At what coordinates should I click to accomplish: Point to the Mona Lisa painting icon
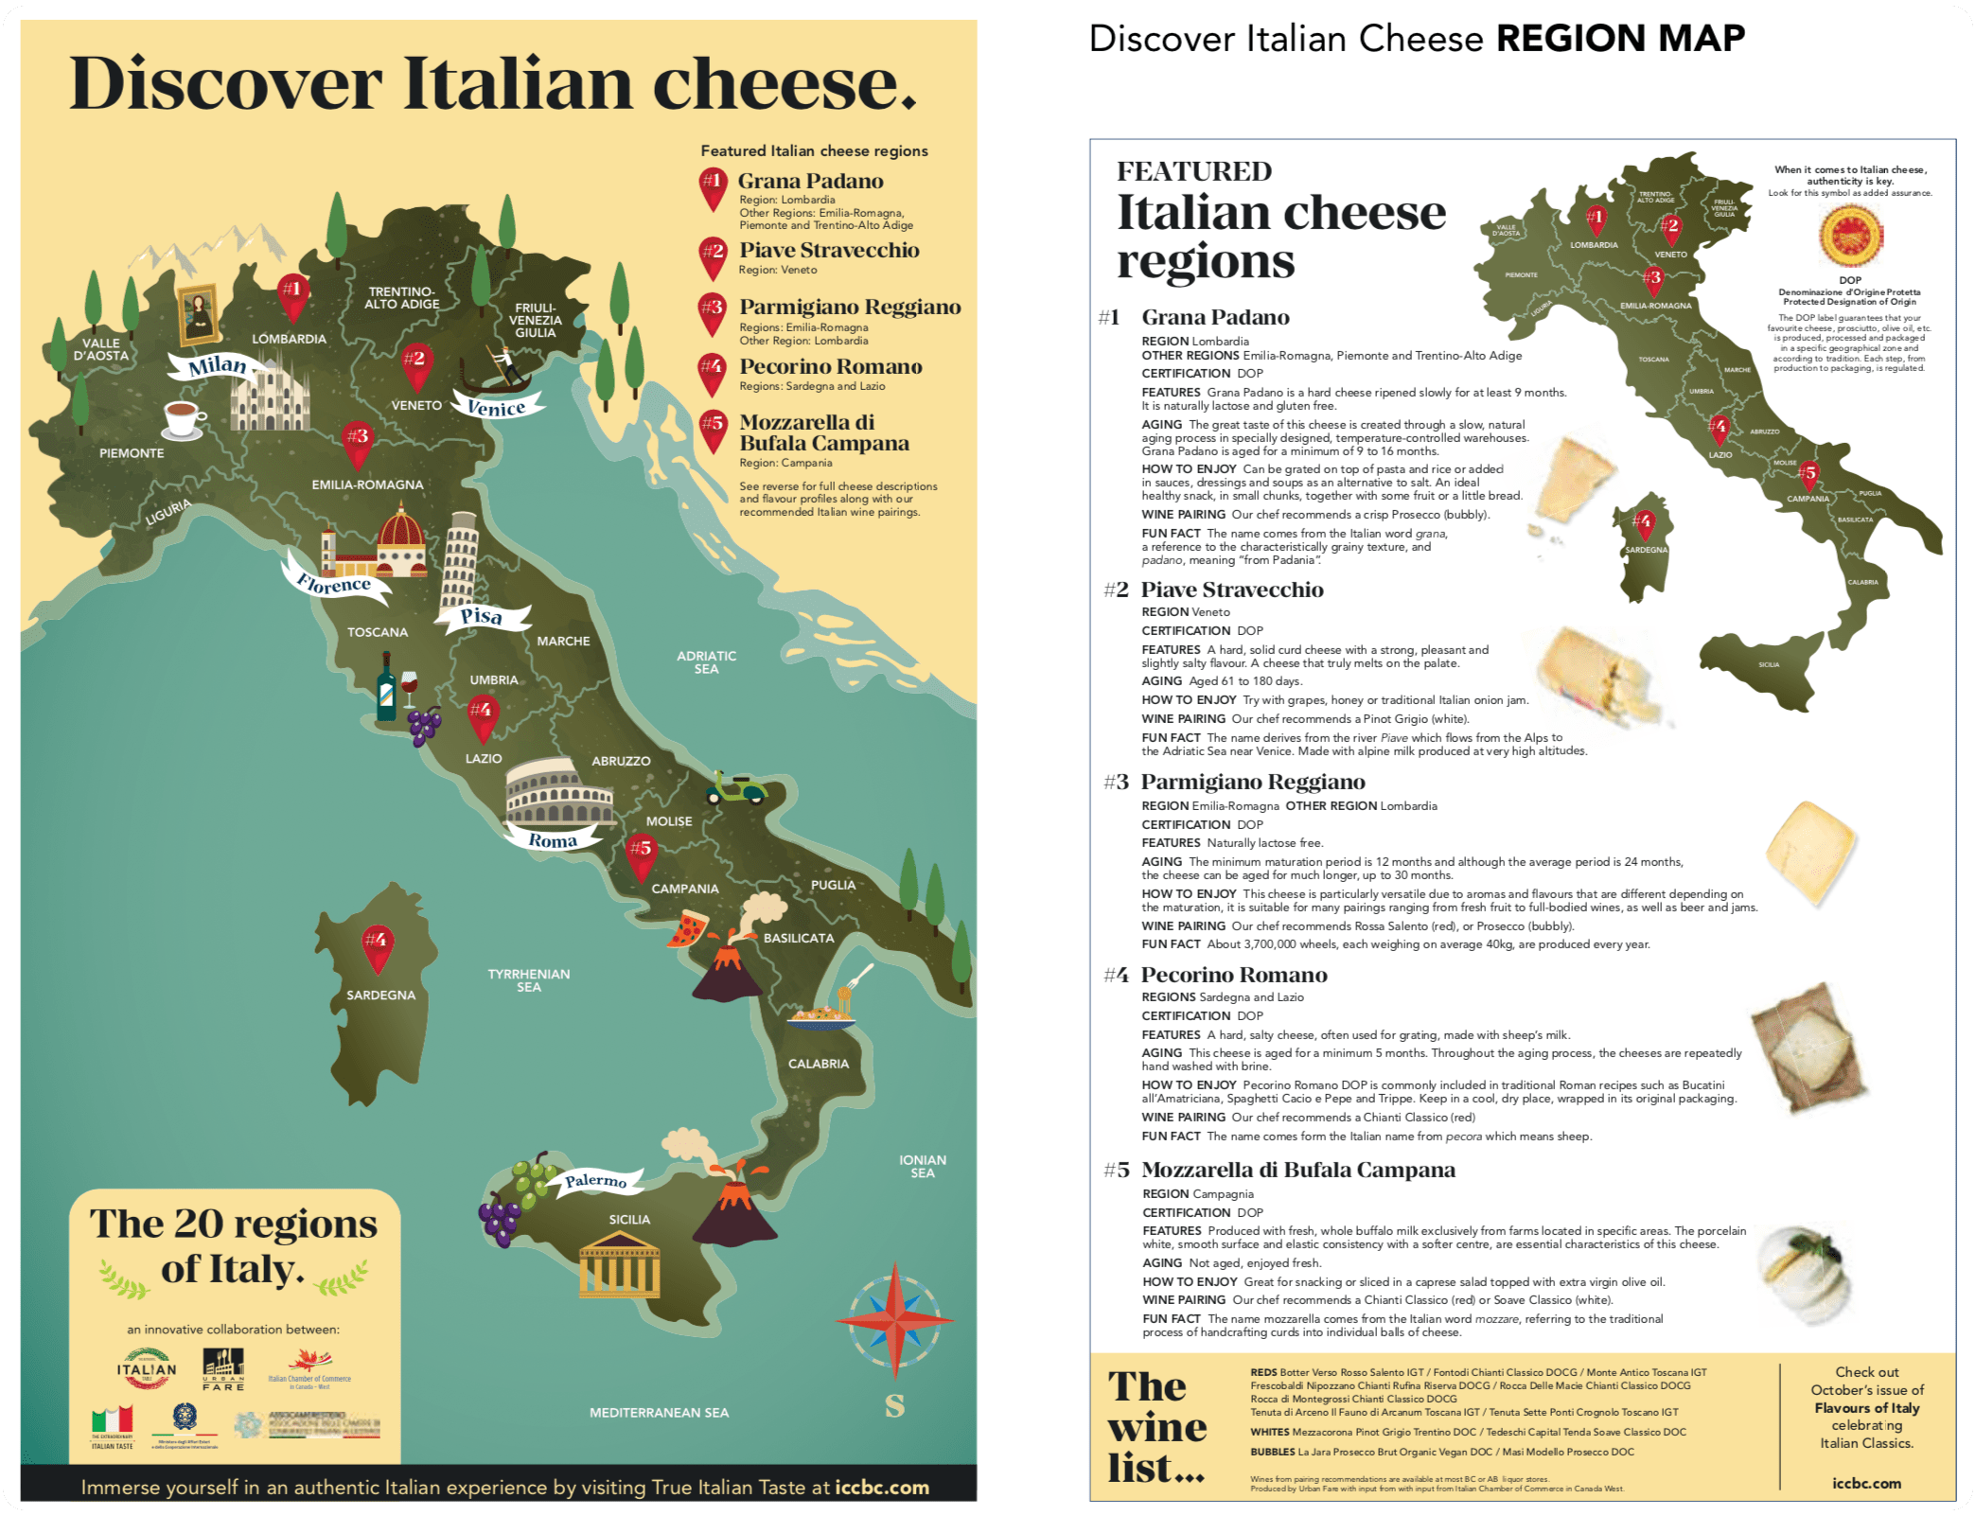click(199, 313)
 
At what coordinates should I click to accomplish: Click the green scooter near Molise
click(736, 788)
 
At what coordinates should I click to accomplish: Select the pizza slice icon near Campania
click(688, 928)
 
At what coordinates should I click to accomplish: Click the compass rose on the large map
click(894, 1319)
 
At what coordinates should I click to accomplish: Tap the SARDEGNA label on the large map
click(380, 995)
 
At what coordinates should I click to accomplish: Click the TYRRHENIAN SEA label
click(528, 980)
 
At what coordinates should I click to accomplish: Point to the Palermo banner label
click(596, 1180)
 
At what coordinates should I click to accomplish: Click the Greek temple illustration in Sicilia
click(620, 1264)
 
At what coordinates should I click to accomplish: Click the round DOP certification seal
click(1850, 236)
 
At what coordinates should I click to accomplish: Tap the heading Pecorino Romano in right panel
click(1233, 975)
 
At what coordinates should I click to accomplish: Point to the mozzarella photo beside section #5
click(1804, 1274)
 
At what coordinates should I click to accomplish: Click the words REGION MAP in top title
click(1620, 39)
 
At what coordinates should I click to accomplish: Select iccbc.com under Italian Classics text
click(1866, 1483)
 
